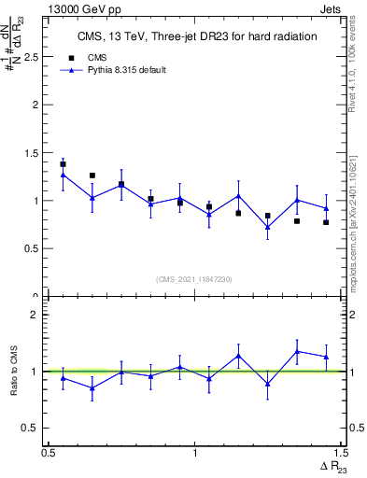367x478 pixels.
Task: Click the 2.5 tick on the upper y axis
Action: click(31, 57)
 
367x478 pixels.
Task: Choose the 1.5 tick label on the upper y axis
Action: click(31, 153)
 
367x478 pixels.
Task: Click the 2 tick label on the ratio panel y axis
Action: click(35, 315)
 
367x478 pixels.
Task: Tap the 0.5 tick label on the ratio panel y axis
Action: click(31, 428)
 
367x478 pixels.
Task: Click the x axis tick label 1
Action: click(194, 453)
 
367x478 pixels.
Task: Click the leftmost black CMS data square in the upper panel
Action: click(63, 164)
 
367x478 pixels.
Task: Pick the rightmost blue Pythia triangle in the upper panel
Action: click(326, 207)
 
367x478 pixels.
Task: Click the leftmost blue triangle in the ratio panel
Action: click(63, 378)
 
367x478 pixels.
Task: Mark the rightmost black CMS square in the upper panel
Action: click(326, 222)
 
